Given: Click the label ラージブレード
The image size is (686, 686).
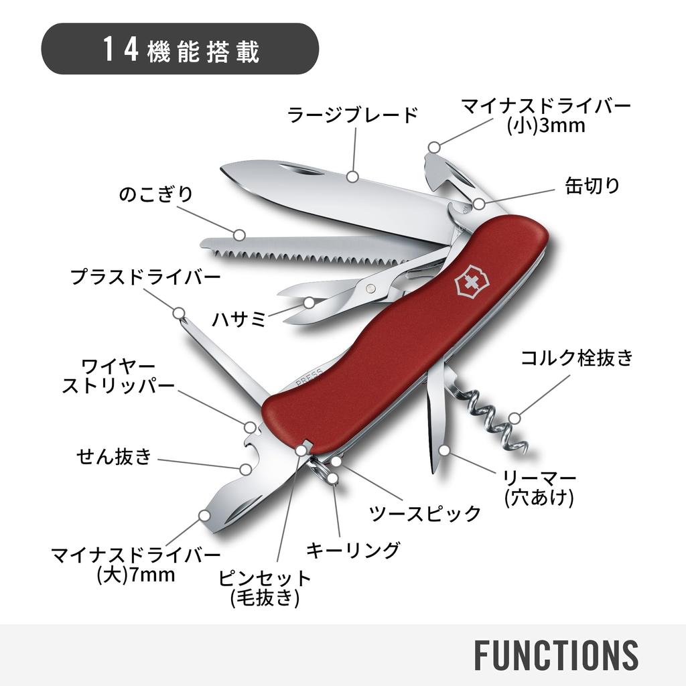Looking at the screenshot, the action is pos(352,115).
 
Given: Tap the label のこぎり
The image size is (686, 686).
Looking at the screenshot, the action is pos(155,194).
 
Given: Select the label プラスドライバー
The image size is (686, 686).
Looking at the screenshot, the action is pos(145,277).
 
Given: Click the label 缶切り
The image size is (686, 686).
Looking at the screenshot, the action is pos(593,186).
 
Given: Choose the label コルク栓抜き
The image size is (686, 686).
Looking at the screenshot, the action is pos(577,358).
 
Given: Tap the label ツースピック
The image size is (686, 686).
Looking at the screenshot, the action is pos(425,514).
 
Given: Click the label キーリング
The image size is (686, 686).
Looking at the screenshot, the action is pos(353,550).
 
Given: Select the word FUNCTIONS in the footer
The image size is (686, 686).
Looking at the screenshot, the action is pos(556,655).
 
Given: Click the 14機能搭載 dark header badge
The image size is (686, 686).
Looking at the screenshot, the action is pos(180,49).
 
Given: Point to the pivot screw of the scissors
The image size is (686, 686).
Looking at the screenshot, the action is pos(371,288).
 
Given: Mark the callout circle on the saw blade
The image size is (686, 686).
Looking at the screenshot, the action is pos(239,234).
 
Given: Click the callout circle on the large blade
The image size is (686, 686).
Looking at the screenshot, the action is pos(352,177).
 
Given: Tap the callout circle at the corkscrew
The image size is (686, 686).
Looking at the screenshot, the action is pos(514,418).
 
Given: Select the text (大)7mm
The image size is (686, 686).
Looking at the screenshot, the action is pos(136,575).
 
